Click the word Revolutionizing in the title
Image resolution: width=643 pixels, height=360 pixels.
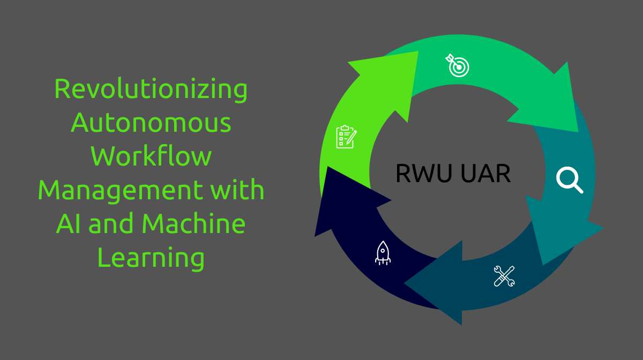click(151, 89)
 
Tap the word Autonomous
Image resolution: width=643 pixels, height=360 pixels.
click(151, 123)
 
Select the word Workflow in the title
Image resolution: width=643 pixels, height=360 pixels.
click(151, 157)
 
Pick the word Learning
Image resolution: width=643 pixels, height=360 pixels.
click(151, 258)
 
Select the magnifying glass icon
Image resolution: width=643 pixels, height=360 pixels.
click(569, 179)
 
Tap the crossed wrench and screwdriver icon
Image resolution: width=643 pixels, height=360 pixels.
click(504, 276)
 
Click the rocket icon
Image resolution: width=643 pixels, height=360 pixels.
click(383, 253)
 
